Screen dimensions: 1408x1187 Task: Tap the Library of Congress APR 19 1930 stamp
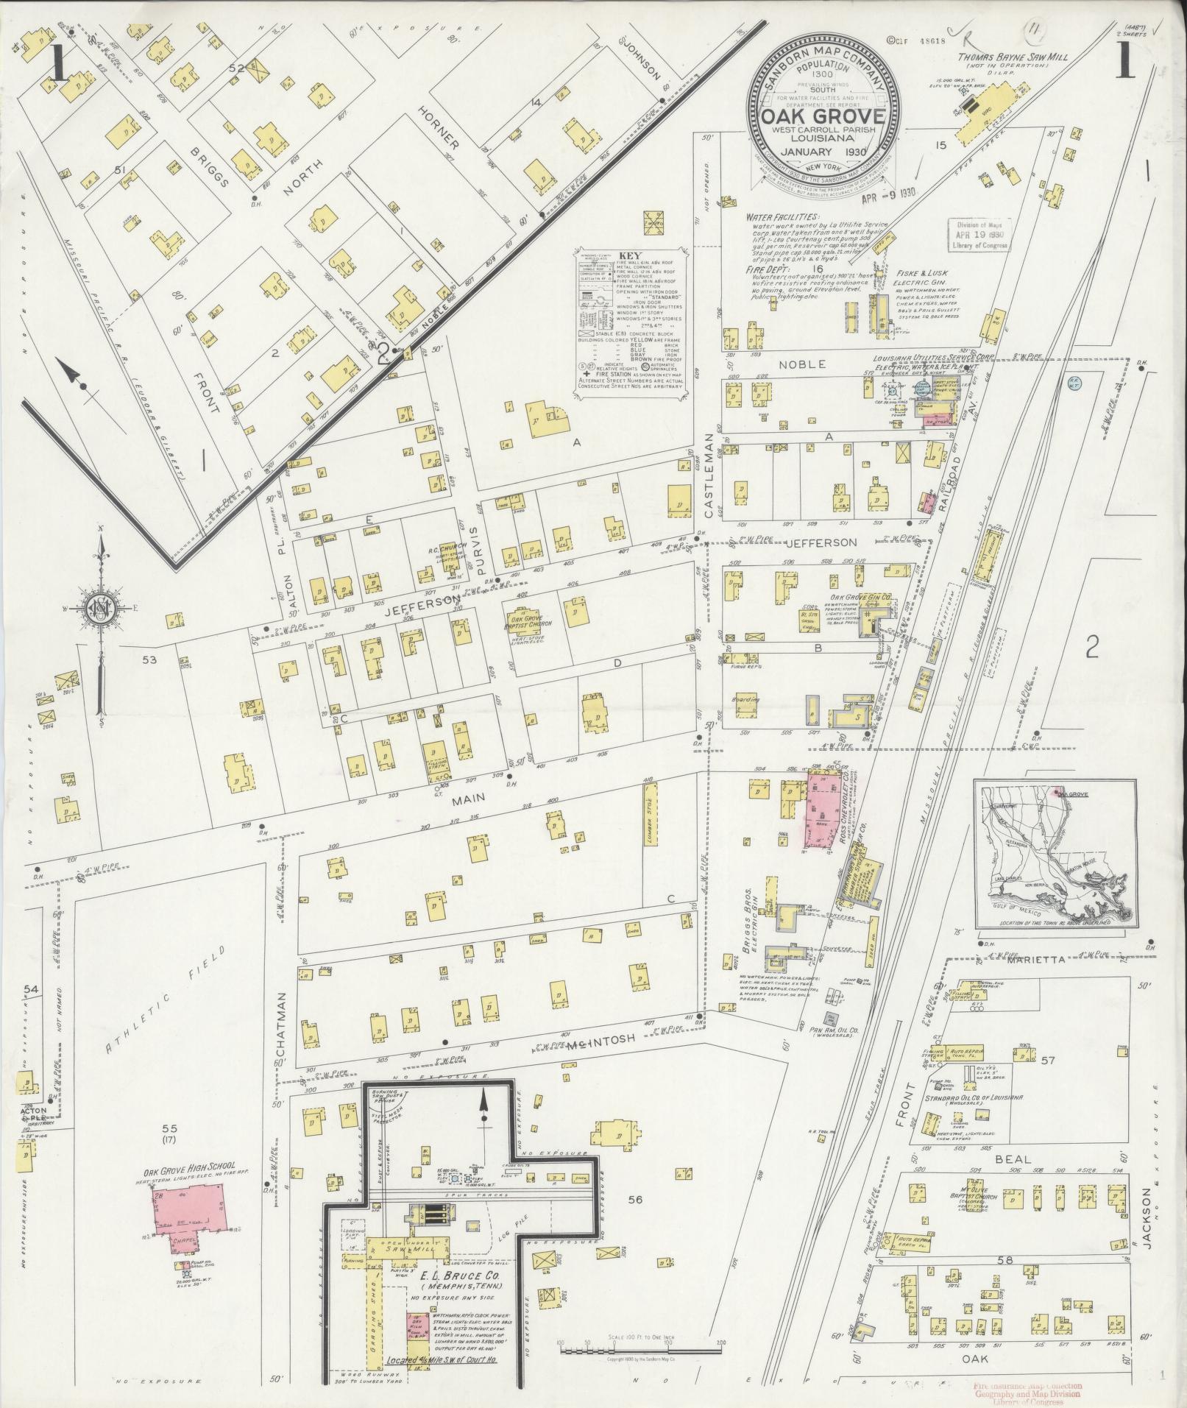978,236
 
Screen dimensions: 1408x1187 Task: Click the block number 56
635,1200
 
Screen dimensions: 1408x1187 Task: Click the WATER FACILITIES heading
782,218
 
